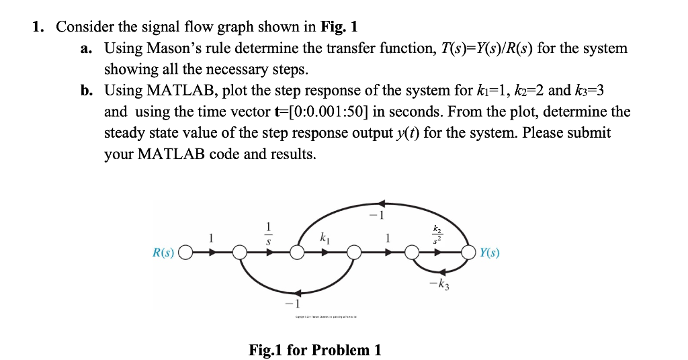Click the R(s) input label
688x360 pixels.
tap(164, 253)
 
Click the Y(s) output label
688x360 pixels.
tap(491, 253)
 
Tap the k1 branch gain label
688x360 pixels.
tap(326, 237)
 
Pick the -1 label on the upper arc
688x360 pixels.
tap(381, 216)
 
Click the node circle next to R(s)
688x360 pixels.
tap(186, 254)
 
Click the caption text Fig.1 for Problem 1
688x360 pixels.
tap(314, 350)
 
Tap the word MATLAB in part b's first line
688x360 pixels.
tap(176, 90)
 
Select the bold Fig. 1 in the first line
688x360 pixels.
tap(340, 27)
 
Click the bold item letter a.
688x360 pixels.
tap(91, 48)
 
